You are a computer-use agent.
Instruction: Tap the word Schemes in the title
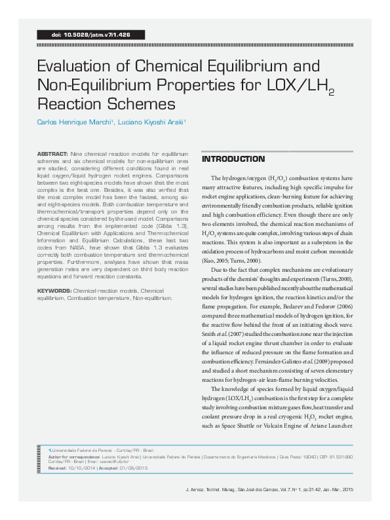[145, 103]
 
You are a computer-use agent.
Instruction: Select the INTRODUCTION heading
[233, 159]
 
